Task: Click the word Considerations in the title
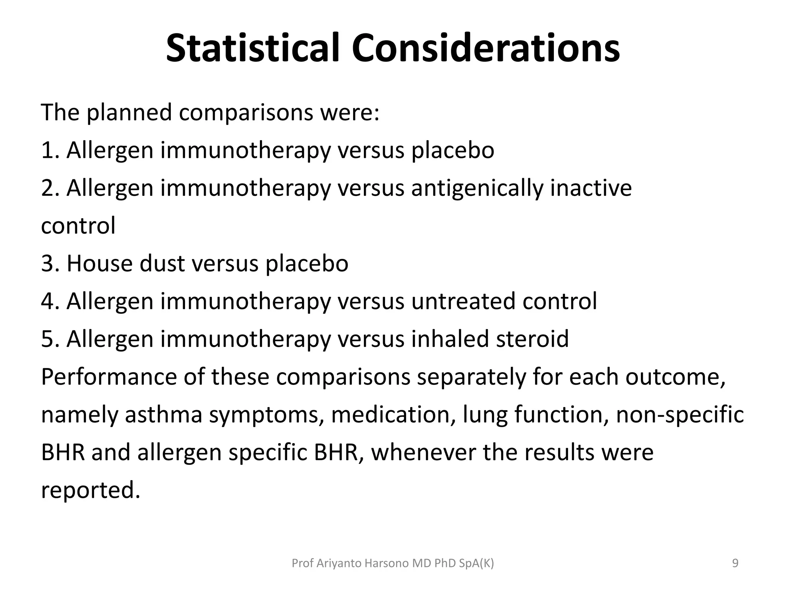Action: click(485, 49)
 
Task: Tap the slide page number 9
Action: click(735, 563)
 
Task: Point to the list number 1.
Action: click(49, 151)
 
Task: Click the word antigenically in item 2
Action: click(477, 188)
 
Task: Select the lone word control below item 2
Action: click(78, 226)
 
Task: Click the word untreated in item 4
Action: click(463, 302)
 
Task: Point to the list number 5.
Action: click(49, 339)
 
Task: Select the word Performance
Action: click(109, 377)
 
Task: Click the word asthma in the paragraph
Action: click(163, 415)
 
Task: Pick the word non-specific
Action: click(679, 415)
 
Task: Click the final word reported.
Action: click(90, 491)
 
